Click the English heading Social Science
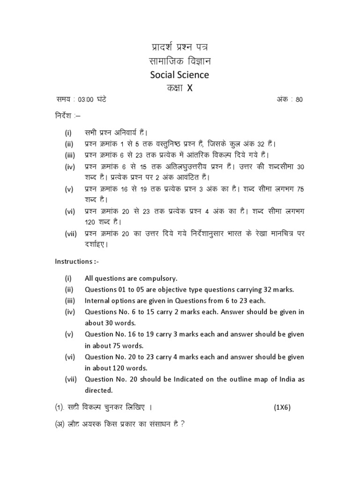[180, 75]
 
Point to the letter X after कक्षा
[190, 88]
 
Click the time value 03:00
[86, 100]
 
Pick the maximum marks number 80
[300, 100]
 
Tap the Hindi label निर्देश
[63, 115]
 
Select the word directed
[98, 390]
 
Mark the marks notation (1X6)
[283, 407]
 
